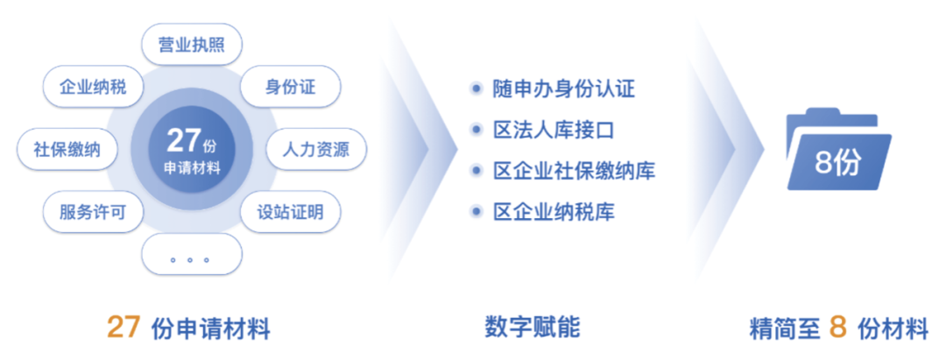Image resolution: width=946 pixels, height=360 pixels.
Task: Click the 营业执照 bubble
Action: [x=192, y=46]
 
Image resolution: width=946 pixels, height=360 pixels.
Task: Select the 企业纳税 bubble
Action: [x=93, y=87]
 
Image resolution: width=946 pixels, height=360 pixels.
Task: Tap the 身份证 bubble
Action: [x=290, y=87]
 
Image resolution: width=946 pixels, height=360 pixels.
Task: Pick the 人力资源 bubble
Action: [x=315, y=149]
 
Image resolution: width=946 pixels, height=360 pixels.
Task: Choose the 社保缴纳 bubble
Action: [x=67, y=149]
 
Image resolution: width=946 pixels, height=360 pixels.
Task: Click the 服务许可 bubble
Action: [x=93, y=212]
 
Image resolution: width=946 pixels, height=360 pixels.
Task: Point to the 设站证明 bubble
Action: [x=290, y=212]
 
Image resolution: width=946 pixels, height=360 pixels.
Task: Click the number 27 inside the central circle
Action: [x=182, y=140]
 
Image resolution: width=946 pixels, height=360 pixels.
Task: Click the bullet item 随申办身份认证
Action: [x=563, y=89]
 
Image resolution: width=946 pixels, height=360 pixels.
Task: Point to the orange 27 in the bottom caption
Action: [x=124, y=328]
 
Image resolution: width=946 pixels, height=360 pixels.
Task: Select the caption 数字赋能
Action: [x=533, y=328]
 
